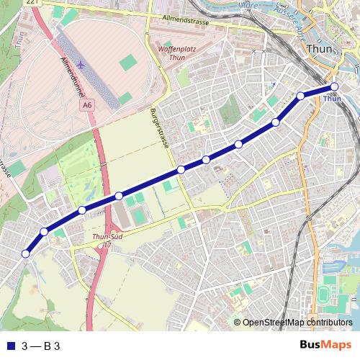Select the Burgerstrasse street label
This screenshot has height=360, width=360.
pyautogui.click(x=159, y=128)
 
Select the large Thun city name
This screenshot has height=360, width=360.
pyautogui.click(x=318, y=50)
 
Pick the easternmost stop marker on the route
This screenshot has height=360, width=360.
pyautogui.click(x=334, y=88)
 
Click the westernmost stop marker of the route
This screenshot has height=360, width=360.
pyautogui.click(x=26, y=253)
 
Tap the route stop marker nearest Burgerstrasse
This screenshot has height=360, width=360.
pyautogui.click(x=181, y=170)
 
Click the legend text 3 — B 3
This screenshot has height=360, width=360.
pyautogui.click(x=40, y=346)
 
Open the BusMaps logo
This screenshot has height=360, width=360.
pyautogui.click(x=325, y=345)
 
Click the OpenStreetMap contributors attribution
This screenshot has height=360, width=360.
pyautogui.click(x=297, y=323)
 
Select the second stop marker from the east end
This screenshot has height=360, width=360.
pyautogui.click(x=301, y=96)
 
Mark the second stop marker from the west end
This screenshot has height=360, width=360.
pyautogui.click(x=45, y=232)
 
